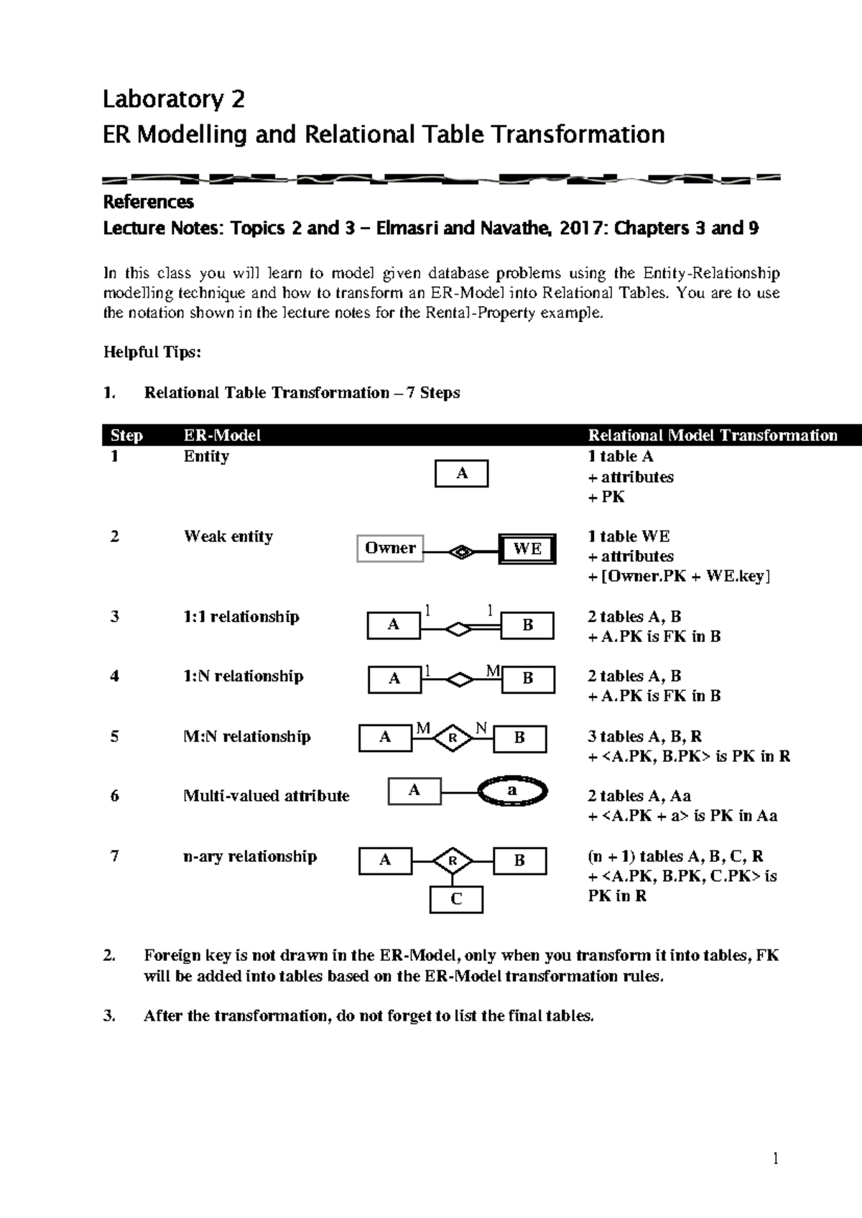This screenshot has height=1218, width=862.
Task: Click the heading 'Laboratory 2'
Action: (174, 99)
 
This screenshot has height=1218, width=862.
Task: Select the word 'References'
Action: (148, 202)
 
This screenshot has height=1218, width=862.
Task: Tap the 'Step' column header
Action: (126, 435)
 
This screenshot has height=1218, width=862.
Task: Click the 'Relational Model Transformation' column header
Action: (713, 435)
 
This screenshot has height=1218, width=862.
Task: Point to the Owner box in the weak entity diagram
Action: (390, 549)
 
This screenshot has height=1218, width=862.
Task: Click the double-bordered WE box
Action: (527, 549)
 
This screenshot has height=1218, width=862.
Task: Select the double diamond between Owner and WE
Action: (460, 552)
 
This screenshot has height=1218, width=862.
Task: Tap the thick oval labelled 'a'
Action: (513, 791)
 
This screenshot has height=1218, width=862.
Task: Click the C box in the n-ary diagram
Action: (456, 899)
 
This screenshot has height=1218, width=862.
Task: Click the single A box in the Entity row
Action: (462, 474)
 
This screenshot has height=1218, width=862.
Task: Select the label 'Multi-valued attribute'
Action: (267, 796)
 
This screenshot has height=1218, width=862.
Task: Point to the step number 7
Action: (115, 856)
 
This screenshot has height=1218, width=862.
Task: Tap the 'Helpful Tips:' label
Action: (152, 352)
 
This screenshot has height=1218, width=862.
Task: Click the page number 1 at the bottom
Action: (775, 1158)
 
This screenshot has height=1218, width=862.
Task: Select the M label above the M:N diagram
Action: (423, 728)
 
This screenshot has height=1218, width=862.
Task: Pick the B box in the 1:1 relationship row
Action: (527, 625)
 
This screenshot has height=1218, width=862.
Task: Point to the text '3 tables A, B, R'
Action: (645, 736)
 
